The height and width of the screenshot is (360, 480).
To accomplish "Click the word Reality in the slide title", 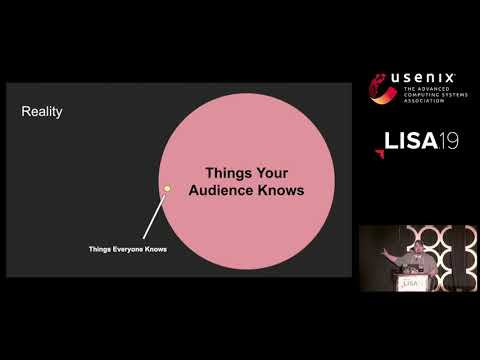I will point(42,112).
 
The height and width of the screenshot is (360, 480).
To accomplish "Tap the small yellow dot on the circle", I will point(168,188).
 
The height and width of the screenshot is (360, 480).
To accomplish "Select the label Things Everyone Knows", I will point(127,250).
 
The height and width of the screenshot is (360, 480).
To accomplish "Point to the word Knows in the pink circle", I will point(280,191).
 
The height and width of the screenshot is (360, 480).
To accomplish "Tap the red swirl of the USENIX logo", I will point(381,89).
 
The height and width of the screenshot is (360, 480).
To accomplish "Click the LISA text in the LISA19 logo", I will point(409,141).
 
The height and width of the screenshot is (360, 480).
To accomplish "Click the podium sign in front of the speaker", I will point(411,283).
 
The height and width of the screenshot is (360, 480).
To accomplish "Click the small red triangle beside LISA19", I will point(380,151).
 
